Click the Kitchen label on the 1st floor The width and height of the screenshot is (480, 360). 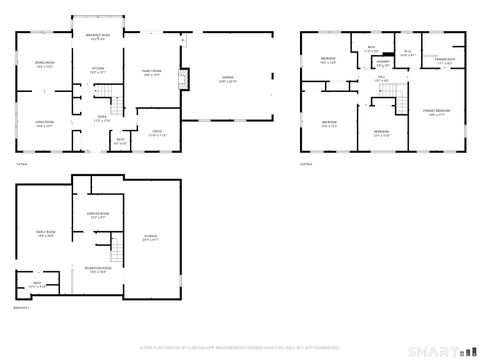(99, 70)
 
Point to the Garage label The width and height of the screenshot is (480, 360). (227, 81)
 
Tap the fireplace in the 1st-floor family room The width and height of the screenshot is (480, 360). (182, 80)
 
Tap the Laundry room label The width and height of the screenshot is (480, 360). (383, 62)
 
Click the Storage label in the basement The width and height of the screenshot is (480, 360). (151, 238)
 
